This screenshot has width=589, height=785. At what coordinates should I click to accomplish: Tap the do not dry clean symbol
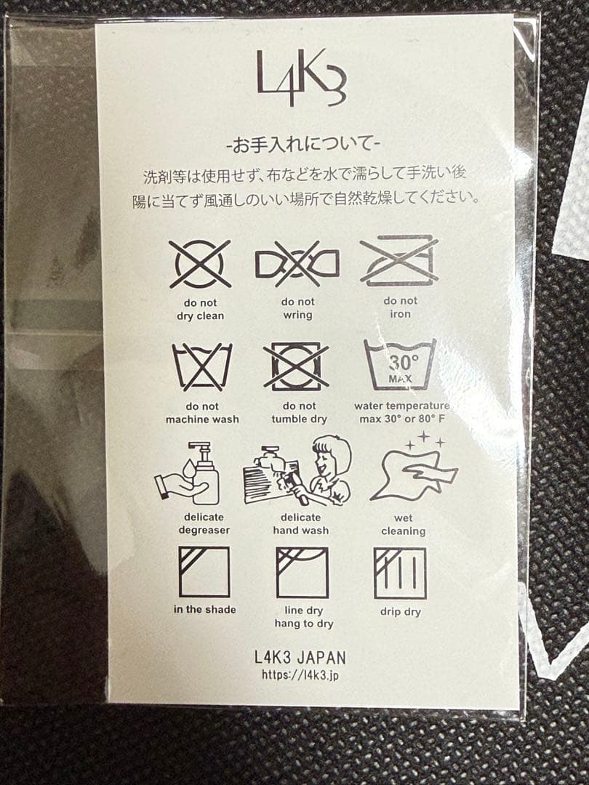tap(200, 264)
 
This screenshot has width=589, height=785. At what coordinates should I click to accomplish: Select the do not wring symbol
tap(297, 264)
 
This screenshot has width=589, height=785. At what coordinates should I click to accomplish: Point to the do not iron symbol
tap(399, 260)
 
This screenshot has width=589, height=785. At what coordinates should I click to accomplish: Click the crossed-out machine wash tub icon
tap(202, 367)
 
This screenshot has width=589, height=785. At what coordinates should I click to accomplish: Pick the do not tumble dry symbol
tap(296, 366)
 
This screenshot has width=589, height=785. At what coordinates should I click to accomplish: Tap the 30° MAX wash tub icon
tap(400, 364)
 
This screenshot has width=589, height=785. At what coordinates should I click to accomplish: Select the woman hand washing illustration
tap(297, 470)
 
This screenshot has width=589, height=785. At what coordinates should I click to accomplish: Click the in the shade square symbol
tap(204, 572)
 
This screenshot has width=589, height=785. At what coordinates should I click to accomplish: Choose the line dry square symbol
tap(302, 573)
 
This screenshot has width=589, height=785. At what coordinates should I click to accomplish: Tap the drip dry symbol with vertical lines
tap(400, 573)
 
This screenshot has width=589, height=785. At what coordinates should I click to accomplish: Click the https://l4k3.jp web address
tap(300, 675)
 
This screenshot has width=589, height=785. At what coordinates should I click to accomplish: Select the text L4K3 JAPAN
tap(300, 657)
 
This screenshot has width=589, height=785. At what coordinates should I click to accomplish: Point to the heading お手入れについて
tap(303, 145)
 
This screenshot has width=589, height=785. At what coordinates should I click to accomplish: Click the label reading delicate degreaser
tap(204, 523)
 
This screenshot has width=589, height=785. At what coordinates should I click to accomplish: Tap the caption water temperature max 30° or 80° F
tap(401, 412)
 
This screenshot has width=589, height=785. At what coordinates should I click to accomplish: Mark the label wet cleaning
tap(403, 525)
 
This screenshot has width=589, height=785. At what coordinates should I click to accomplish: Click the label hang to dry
tap(304, 624)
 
